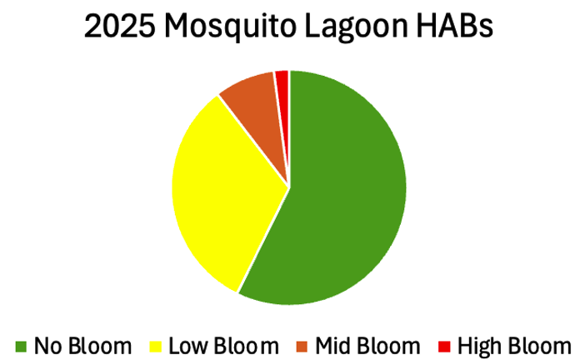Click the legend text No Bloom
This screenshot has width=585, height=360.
(82, 345)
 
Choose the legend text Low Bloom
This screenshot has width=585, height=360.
(223, 345)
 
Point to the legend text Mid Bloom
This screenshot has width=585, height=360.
(367, 345)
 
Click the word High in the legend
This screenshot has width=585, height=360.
(480, 345)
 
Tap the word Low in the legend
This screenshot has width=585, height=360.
(188, 345)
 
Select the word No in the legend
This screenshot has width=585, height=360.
(47, 345)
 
